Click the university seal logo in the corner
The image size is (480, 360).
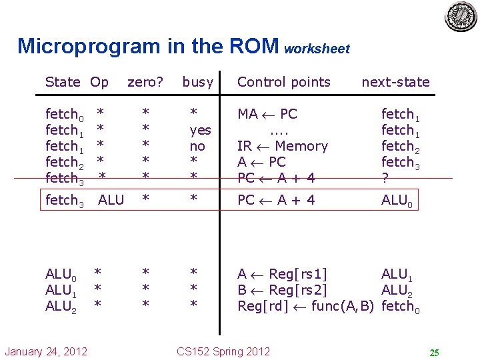(x=461, y=17)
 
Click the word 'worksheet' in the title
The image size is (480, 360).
(x=317, y=49)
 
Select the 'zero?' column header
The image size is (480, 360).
(x=145, y=82)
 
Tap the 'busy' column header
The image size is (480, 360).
(x=197, y=82)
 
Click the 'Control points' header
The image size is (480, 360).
(x=284, y=82)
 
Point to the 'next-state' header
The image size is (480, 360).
(x=395, y=82)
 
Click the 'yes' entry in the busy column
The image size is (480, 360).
(x=200, y=130)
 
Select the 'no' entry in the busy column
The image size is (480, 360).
(x=197, y=146)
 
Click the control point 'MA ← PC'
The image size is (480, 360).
(x=267, y=114)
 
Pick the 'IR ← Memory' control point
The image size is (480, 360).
(x=283, y=146)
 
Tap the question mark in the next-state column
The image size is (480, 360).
(x=385, y=178)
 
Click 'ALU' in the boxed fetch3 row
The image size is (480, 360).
(x=111, y=200)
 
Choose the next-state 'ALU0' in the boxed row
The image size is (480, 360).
(x=398, y=201)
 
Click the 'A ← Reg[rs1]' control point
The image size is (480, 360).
(x=283, y=273)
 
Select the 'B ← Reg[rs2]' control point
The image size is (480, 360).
(x=283, y=289)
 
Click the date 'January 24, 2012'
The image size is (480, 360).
(x=45, y=351)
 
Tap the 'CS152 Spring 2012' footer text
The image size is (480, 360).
(x=223, y=351)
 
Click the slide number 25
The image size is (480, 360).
(x=434, y=352)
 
